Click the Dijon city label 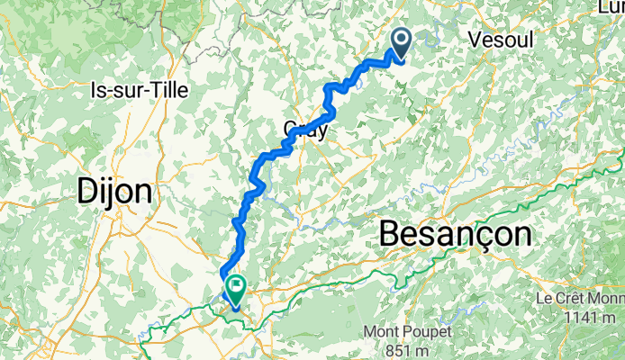point(115,192)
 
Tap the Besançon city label point(455,233)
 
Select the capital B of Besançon point(390,233)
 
